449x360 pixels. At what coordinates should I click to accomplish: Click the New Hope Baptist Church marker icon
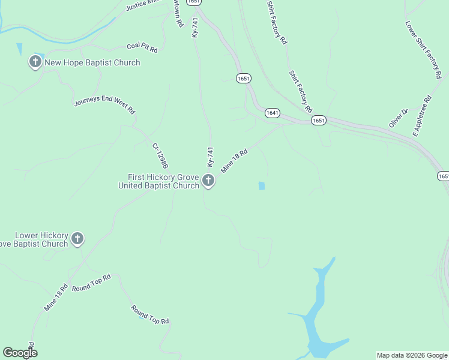pyautogui.click(x=35, y=62)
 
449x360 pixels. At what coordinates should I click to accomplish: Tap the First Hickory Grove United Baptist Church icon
pyautogui.click(x=208, y=180)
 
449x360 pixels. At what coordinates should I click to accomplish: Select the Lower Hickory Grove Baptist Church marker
pyautogui.click(x=77, y=239)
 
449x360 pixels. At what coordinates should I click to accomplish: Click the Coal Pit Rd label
pyautogui.click(x=142, y=47)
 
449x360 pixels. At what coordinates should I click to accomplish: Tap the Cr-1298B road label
pyautogui.click(x=160, y=155)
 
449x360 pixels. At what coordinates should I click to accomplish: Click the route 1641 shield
pyautogui.click(x=272, y=113)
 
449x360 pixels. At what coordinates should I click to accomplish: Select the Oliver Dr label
pyautogui.click(x=398, y=118)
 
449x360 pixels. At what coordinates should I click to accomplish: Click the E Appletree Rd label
pyautogui.click(x=422, y=115)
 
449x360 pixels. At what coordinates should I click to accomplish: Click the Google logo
pyautogui.click(x=20, y=353)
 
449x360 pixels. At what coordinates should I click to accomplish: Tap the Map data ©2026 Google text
pyautogui.click(x=412, y=355)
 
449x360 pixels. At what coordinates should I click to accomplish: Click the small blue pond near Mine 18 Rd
pyautogui.click(x=262, y=186)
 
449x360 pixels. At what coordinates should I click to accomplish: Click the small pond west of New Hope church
pyautogui.click(x=20, y=48)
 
